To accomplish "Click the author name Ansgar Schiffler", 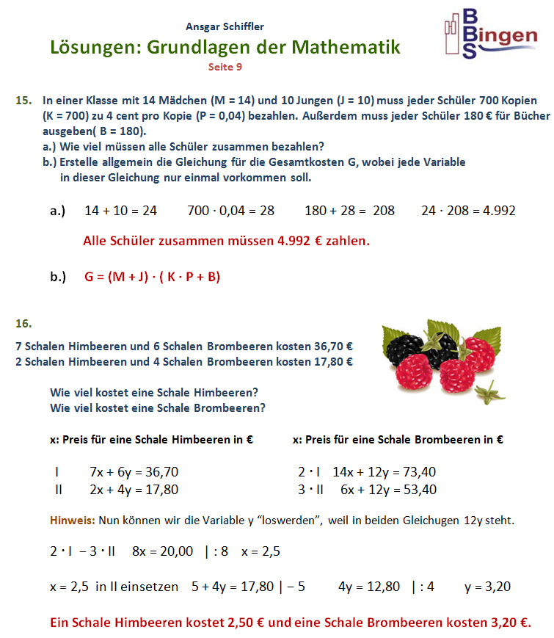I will [x=225, y=28].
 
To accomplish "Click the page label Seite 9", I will [x=225, y=66].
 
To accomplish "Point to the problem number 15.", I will [x=23, y=98].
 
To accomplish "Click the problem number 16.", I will [x=23, y=322].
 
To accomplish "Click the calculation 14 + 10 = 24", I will [x=121, y=211].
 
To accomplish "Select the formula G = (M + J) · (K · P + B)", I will [x=153, y=277].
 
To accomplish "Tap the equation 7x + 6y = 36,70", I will [x=134, y=472].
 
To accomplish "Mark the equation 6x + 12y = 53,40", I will [x=388, y=490].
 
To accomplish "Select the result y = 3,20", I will [x=487, y=587].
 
